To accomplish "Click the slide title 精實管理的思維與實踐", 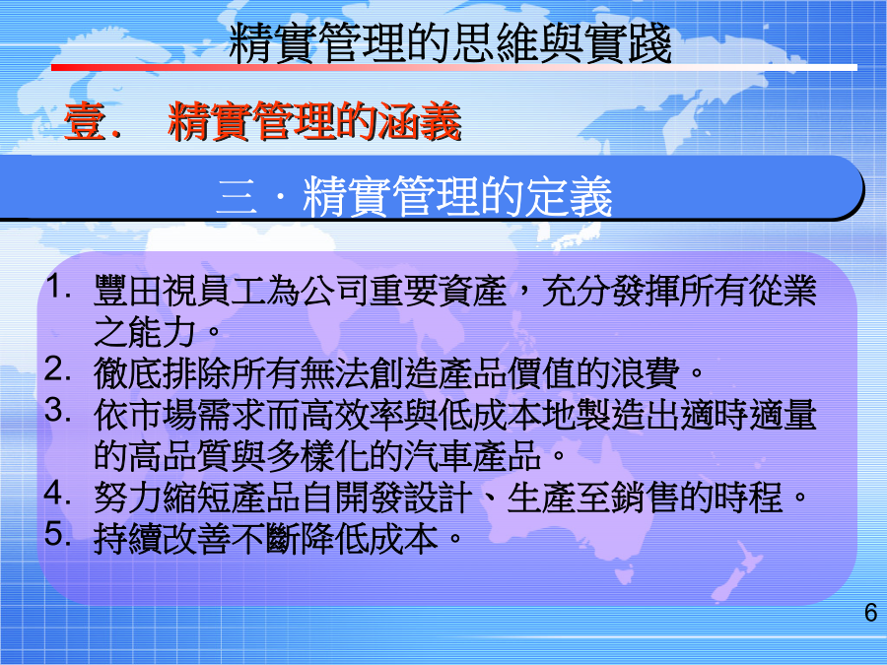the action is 450,42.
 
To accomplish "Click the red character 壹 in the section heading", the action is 86,121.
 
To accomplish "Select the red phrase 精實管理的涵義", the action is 314,121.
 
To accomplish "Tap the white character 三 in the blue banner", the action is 237,197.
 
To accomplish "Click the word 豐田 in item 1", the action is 128,291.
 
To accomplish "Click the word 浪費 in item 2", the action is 645,373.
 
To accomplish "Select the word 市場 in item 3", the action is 163,415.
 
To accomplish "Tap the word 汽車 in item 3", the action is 438,456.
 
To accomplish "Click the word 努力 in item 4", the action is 128,498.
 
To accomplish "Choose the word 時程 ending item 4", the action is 748,498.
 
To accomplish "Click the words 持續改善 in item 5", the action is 163,538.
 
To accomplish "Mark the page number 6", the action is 870,613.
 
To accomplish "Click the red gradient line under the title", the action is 453,68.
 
